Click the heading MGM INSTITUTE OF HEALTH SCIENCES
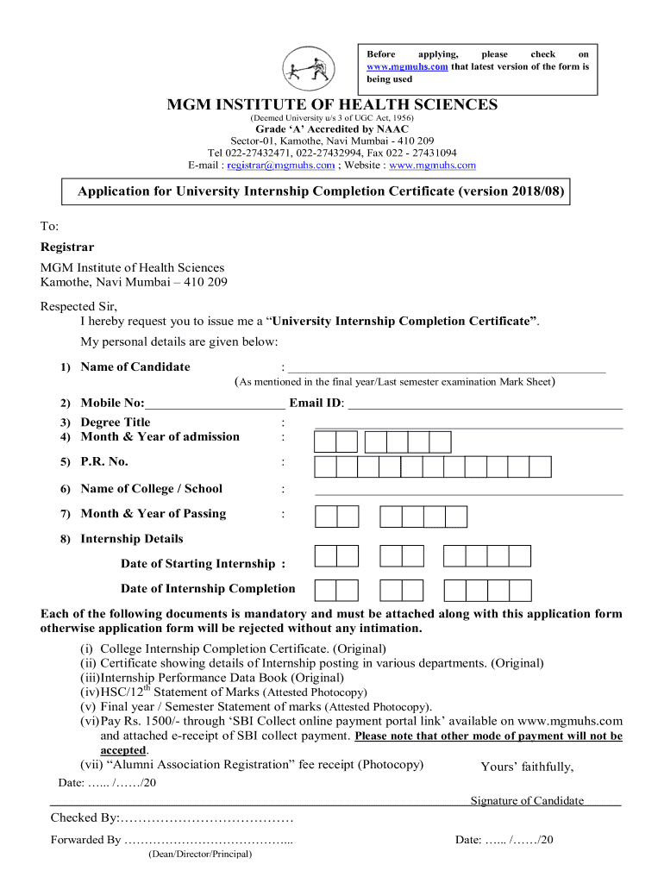332,104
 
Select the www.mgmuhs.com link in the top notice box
407,66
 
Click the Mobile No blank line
216,404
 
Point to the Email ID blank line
484,404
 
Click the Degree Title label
116,423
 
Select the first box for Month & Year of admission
325,442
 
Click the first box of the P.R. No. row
325,467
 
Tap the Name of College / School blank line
468,492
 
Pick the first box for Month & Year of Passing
325,517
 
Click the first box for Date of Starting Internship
325,556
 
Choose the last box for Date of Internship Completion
520,591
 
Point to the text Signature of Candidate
527,801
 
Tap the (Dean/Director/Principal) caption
199,855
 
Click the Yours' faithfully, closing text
526,767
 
